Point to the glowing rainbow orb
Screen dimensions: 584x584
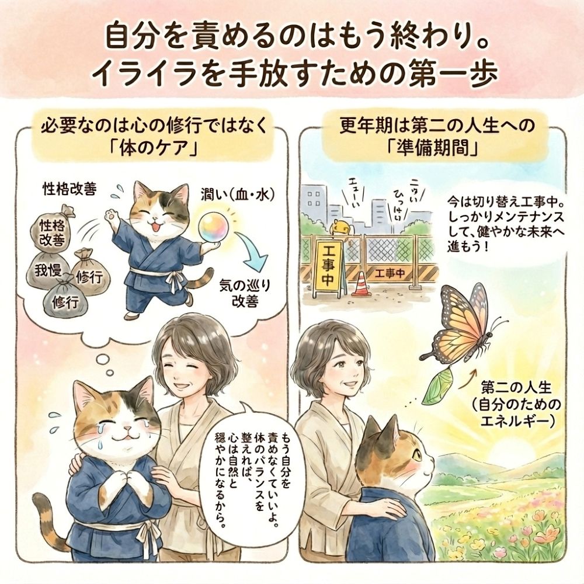(x=212, y=227)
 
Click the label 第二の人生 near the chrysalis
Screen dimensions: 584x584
(x=516, y=388)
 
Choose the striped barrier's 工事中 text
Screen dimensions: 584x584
(x=390, y=273)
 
